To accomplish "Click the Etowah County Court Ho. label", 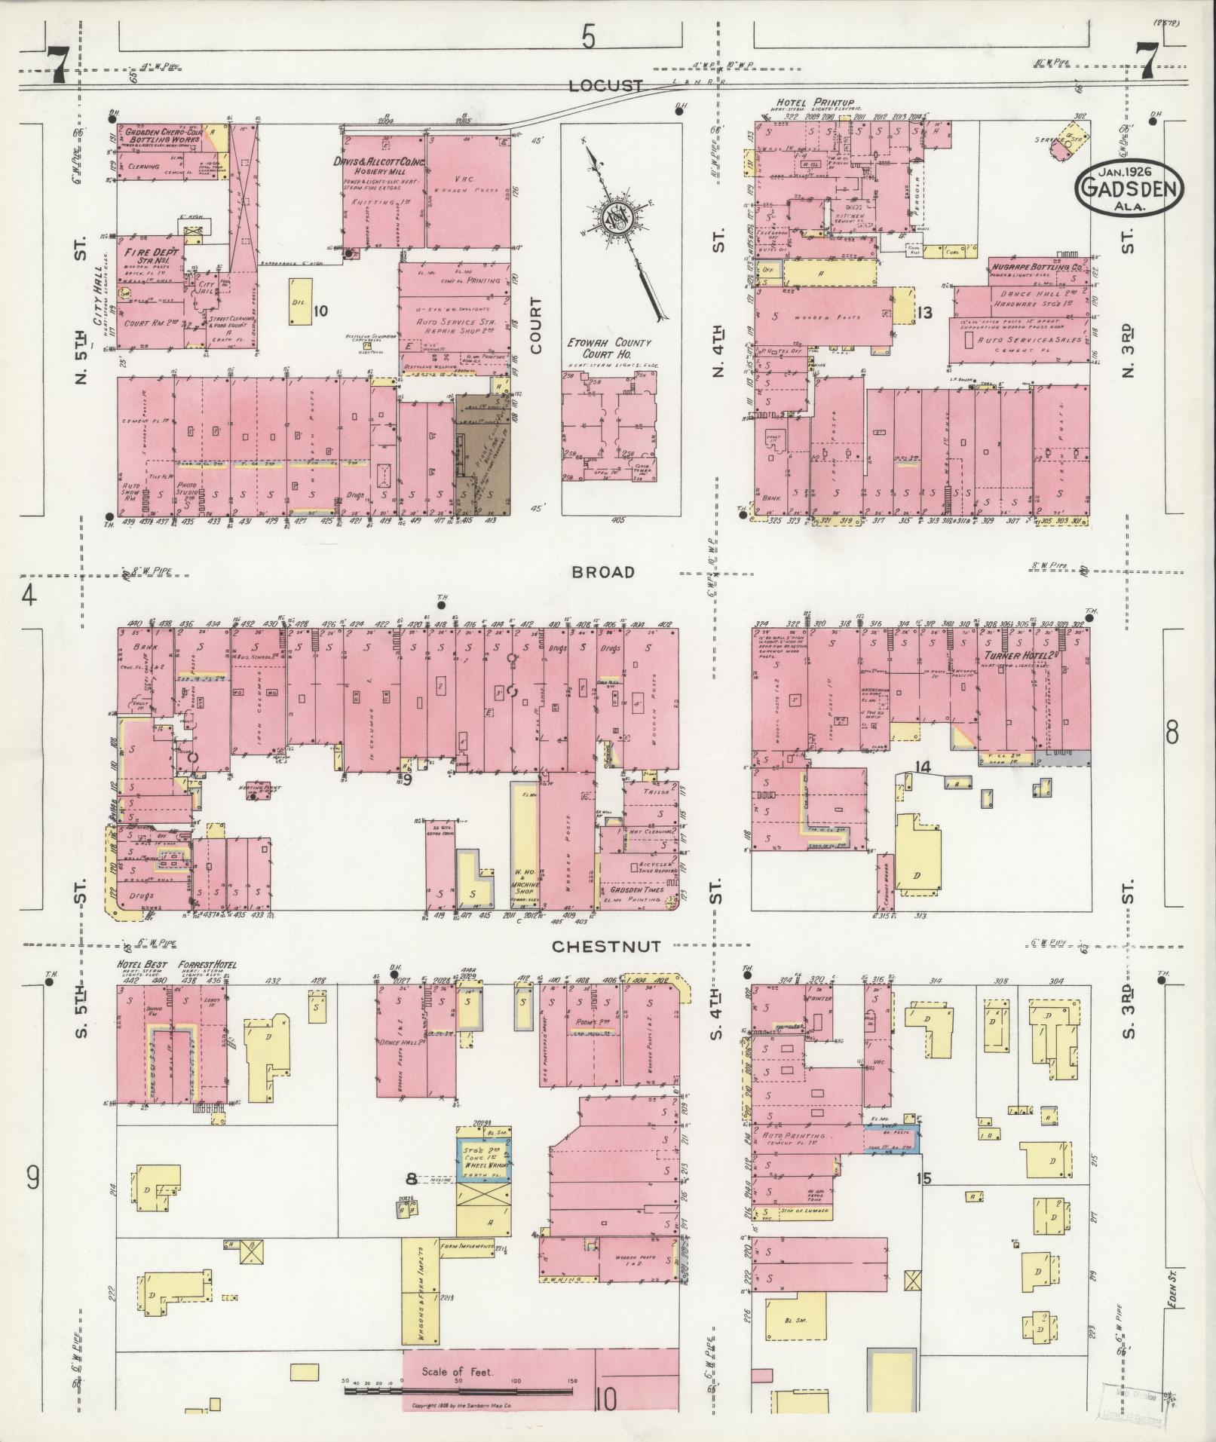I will click(x=609, y=348).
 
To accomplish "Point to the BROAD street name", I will click(x=602, y=573).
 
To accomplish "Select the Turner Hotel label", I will click(x=1018, y=656).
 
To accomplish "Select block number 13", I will click(x=925, y=312).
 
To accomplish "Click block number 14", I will click(x=923, y=767).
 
